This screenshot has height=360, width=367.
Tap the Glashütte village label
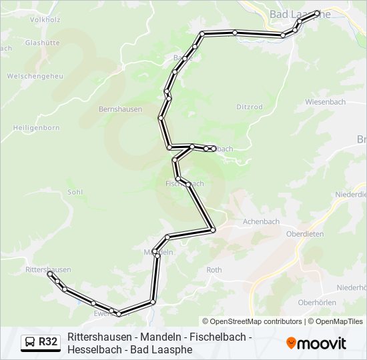(x=42, y=42)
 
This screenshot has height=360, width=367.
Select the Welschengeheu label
(x=35, y=76)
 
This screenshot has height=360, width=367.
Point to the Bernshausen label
(x=120, y=109)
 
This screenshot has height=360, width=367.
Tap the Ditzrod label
(x=250, y=107)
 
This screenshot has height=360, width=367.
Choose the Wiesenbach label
(x=325, y=102)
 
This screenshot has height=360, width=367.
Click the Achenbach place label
(x=262, y=221)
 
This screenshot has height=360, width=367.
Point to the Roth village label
(x=214, y=270)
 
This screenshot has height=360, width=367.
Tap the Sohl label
(x=75, y=192)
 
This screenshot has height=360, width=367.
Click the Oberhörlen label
(x=316, y=302)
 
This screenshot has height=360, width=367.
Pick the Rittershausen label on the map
(x=47, y=269)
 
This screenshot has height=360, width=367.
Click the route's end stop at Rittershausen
(x=49, y=273)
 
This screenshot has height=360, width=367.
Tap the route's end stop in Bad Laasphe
(x=317, y=13)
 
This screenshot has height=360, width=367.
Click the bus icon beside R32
(x=30, y=343)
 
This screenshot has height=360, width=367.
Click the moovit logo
(x=316, y=343)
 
